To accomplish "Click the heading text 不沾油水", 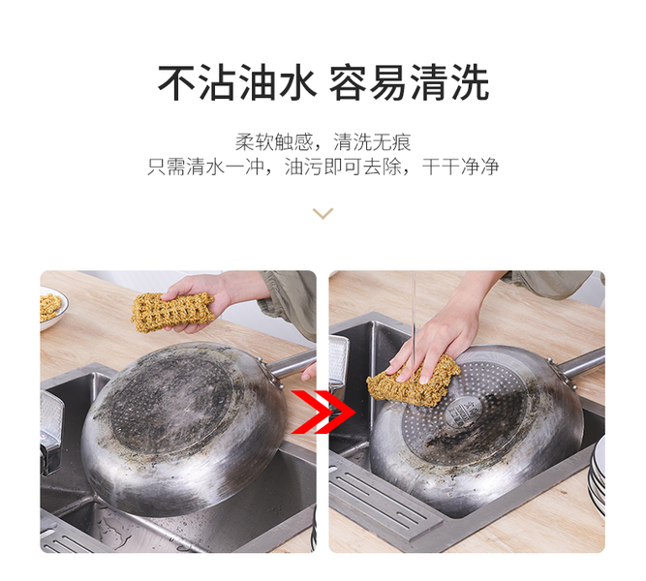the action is [x=237, y=83].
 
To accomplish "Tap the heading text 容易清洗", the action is [x=409, y=83].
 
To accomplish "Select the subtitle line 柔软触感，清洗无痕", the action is [x=323, y=142].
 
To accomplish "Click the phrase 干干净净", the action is [x=460, y=167].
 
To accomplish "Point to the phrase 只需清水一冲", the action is [x=205, y=167].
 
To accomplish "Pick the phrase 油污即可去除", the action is [x=343, y=167].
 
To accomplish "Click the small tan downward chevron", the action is [x=323, y=214].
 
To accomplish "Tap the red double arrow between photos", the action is [x=323, y=413].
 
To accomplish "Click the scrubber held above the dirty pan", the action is [x=172, y=313].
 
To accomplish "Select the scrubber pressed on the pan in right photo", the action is [x=414, y=381].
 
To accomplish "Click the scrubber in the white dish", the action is [x=49, y=307].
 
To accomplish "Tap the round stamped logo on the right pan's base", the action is [x=463, y=412].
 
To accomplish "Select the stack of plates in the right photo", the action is [x=597, y=474].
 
